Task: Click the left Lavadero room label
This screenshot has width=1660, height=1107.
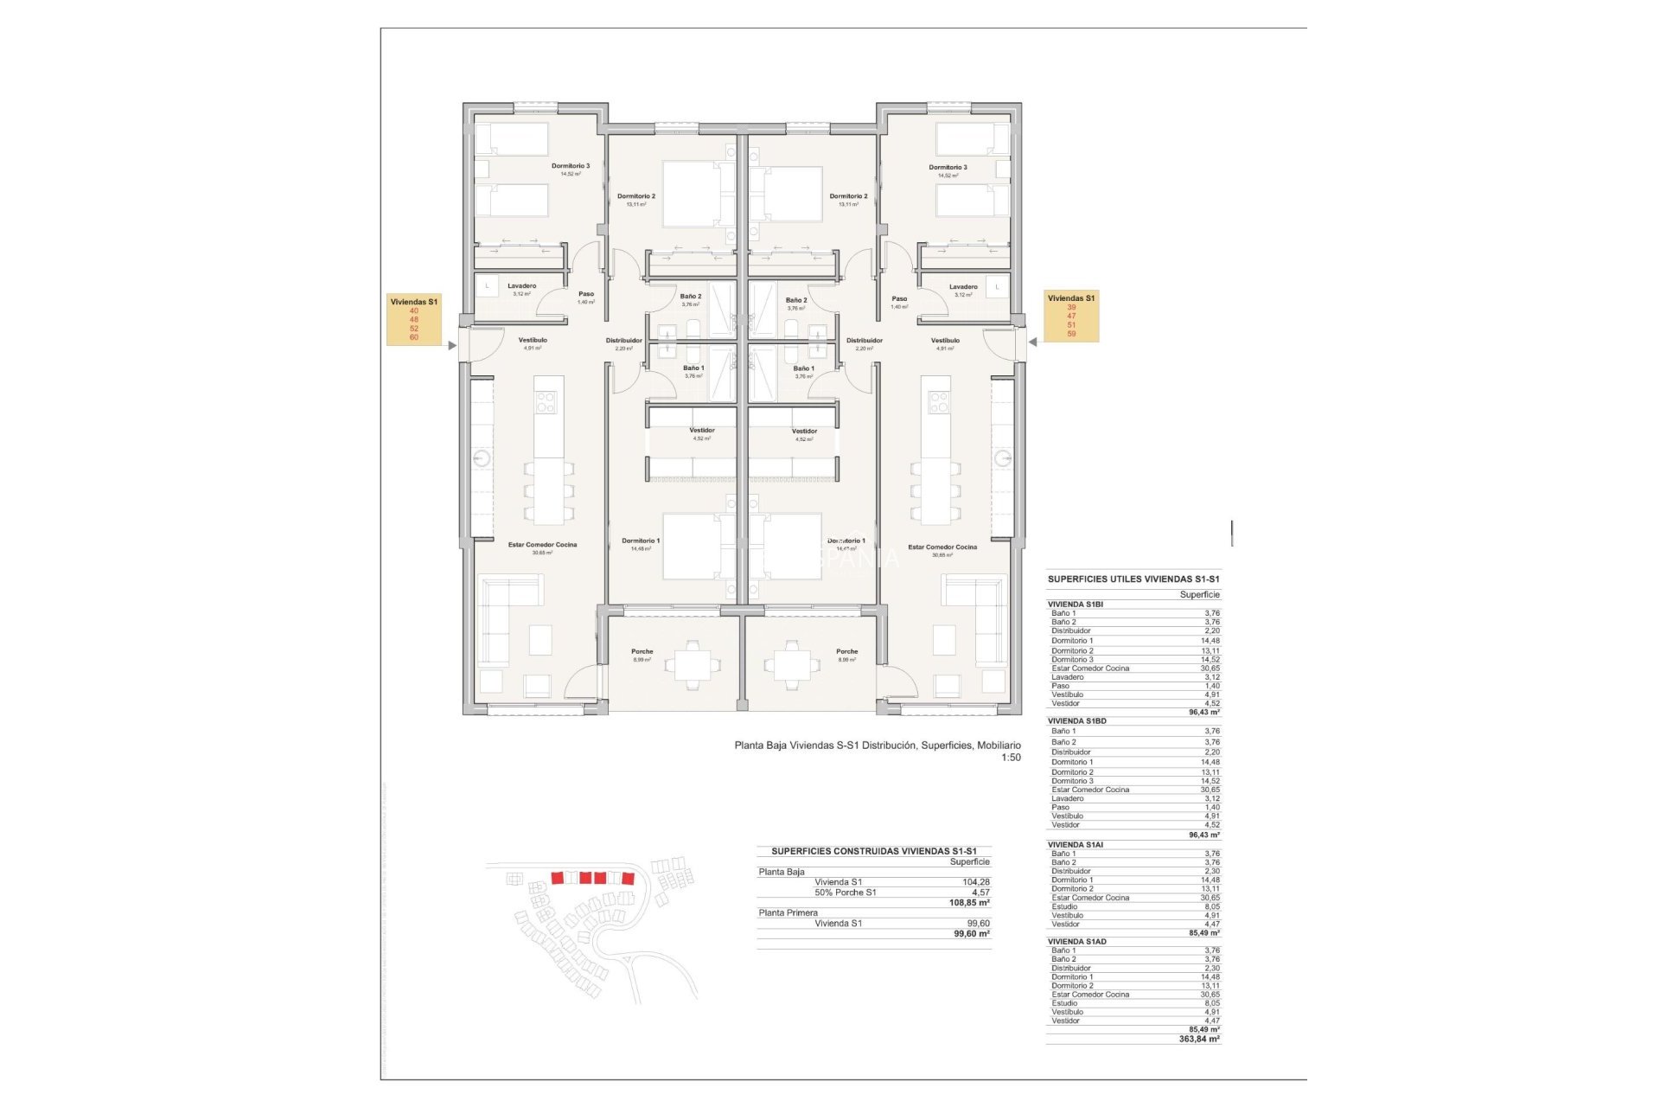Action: point(521,286)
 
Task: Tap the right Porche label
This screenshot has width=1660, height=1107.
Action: point(846,652)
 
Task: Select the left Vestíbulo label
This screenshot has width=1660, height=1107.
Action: point(533,341)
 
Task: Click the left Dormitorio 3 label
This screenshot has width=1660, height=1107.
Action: point(571,166)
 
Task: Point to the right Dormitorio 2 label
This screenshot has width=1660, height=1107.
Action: point(848,196)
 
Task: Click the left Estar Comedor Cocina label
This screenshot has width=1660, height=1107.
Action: point(542,545)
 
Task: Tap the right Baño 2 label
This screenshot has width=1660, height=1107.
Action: point(796,300)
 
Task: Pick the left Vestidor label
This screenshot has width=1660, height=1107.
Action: point(702,431)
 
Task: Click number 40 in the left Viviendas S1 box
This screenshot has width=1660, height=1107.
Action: point(414,310)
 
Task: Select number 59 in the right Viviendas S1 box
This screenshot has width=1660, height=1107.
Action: point(1071,334)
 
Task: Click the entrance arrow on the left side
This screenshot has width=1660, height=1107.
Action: point(452,345)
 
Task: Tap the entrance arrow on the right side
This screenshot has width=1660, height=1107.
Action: point(1032,342)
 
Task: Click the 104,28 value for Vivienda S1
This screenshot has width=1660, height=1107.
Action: point(976,882)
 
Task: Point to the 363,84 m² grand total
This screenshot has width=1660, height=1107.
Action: point(1199,1040)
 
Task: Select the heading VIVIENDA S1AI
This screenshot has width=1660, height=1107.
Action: point(1076,845)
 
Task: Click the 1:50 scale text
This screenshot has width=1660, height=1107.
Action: point(1011,758)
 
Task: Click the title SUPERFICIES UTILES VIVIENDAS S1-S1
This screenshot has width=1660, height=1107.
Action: point(1133,579)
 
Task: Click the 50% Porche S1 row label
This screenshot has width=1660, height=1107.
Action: point(845,893)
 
